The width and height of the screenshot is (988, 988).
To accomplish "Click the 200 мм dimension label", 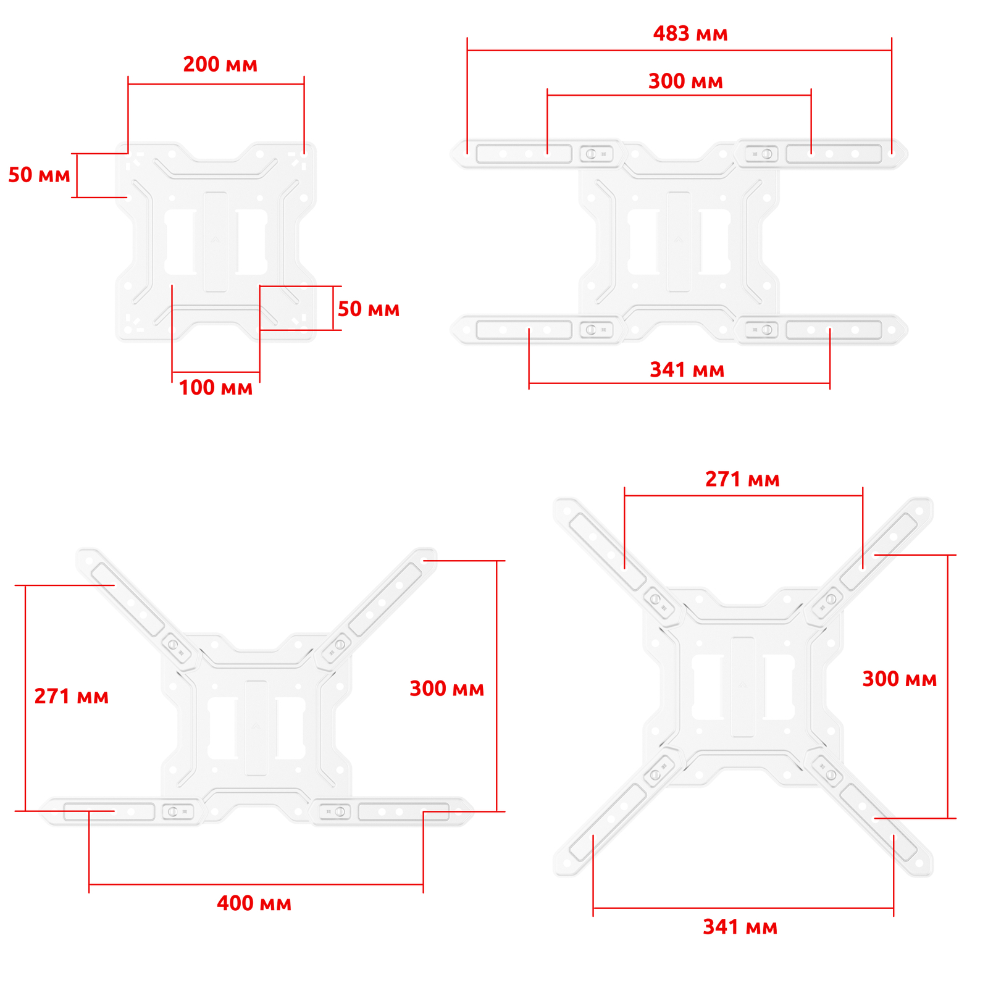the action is [220, 64].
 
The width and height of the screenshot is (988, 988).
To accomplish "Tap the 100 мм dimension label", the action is [216, 388].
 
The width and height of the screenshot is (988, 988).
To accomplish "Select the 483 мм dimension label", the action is [690, 33].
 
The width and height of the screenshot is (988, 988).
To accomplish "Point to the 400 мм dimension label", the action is [254, 903].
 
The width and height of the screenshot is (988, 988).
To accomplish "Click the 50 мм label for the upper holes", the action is [39, 175].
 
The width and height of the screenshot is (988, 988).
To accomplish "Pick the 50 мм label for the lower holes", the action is [369, 309].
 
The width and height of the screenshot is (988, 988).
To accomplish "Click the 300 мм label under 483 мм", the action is [685, 81].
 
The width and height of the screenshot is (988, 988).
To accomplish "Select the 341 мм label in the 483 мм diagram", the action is [687, 370].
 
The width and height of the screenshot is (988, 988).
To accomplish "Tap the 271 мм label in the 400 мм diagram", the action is [71, 697].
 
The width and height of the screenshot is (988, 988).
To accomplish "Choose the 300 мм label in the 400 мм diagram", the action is [446, 689].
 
